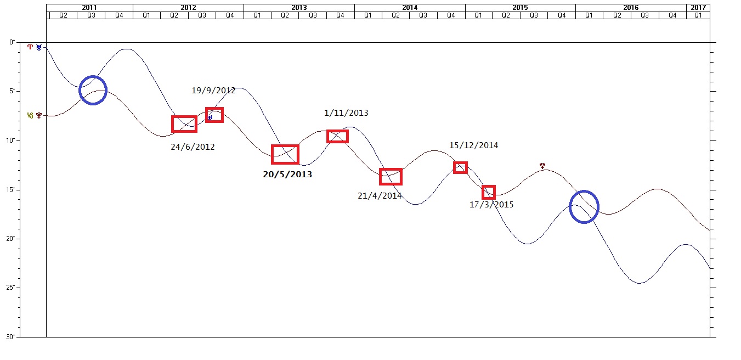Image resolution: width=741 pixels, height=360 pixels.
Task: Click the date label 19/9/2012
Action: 213,91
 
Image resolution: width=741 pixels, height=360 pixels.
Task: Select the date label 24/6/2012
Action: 193,147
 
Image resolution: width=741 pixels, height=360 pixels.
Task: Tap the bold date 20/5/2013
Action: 287,175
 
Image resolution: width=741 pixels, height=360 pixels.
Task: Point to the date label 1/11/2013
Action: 346,113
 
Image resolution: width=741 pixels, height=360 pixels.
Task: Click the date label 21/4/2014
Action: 380,195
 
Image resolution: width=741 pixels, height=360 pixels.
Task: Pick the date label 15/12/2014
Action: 473,145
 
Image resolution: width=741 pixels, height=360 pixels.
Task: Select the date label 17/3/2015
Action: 491,205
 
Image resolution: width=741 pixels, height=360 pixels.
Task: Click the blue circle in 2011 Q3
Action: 93,90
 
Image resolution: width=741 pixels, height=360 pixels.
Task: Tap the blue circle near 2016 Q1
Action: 584,207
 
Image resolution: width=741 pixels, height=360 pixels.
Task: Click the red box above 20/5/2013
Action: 285,154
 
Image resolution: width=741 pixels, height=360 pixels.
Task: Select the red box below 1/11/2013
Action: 337,136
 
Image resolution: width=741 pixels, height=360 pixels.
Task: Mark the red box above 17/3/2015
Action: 489,192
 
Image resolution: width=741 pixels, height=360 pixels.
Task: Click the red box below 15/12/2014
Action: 460,167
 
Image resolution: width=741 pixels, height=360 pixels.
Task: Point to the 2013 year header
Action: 299,8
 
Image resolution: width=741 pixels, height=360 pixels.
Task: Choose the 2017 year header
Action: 698,8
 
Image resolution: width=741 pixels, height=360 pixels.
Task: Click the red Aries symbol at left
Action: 30,47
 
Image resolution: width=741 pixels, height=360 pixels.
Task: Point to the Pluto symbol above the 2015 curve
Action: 542,165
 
